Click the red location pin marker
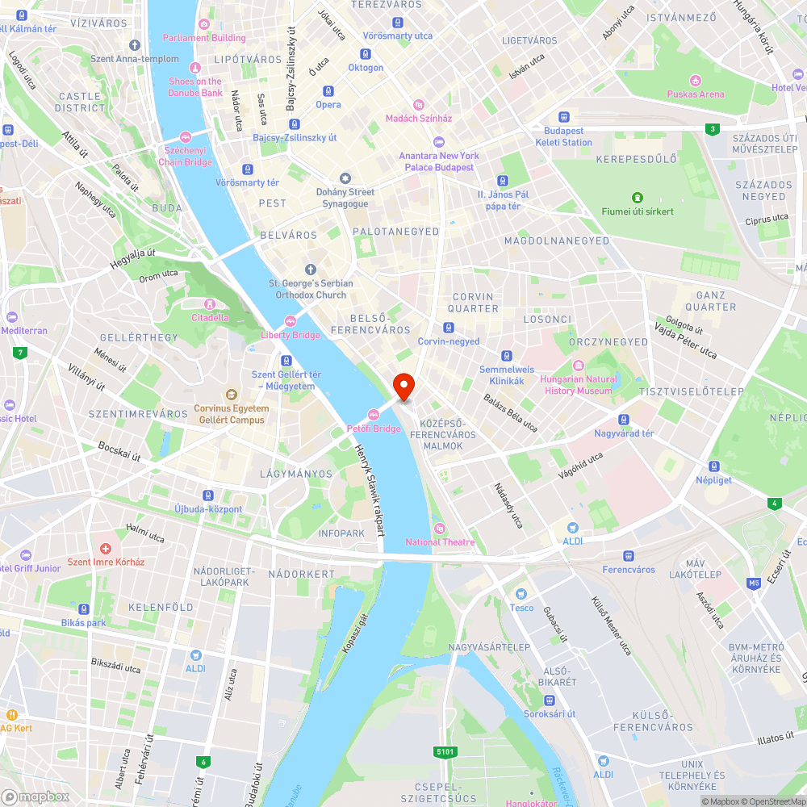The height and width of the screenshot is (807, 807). coord(403,385)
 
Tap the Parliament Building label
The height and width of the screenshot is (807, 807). coord(204,38)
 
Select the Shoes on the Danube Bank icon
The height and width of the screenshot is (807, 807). coord(194,67)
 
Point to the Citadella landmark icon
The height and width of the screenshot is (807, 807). coord(210,304)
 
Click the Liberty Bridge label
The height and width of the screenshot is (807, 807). coord(291,335)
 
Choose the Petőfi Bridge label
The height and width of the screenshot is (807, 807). coord(374,429)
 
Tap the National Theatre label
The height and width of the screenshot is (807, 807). coord(441,542)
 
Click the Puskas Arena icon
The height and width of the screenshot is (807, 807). coord(696,80)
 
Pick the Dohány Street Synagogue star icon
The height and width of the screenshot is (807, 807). coord(345,178)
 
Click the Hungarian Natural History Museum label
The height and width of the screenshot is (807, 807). coord(579,385)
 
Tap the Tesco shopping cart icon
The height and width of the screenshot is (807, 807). coord(521,594)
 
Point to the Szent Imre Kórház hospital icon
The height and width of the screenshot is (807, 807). coord(106,548)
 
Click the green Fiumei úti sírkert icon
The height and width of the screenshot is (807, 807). coord(638,198)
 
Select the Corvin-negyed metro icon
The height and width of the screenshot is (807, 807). coord(449,328)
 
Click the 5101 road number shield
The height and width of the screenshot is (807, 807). coord(445,752)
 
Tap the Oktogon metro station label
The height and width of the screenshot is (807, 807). coord(366,68)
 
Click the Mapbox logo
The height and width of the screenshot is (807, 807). coord(36,797)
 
